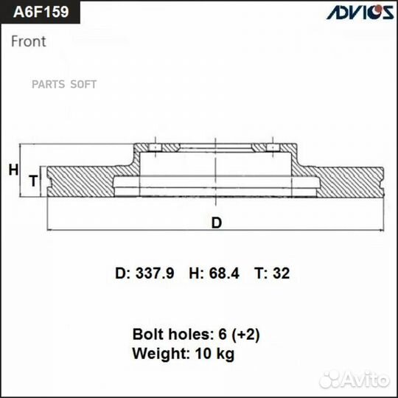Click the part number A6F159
coord(37,13)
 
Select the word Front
coord(29,41)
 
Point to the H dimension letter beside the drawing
coord(13,170)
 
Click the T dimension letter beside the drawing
coord(32,181)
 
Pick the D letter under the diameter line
coord(216,223)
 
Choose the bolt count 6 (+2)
coord(234,334)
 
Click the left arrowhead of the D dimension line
coord(50,230)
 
